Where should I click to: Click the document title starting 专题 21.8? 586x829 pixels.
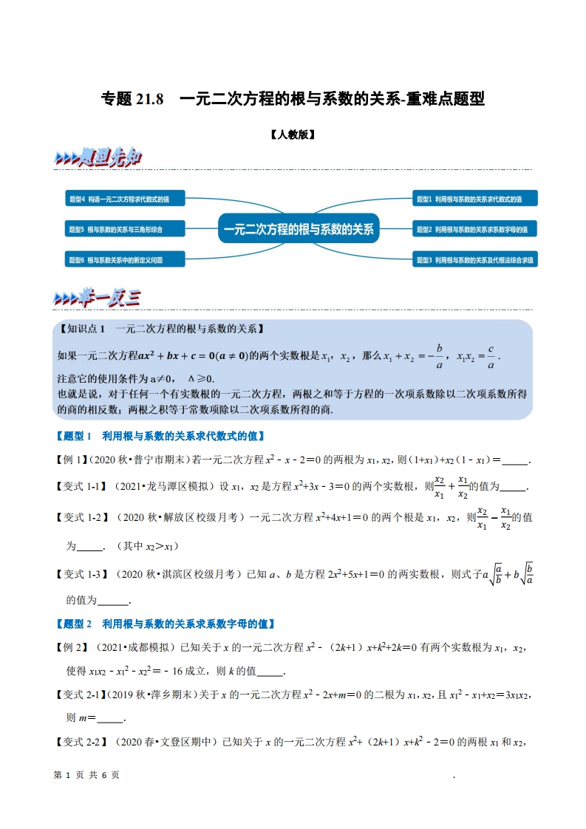tap(293, 98)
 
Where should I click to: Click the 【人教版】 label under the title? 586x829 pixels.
tap(293, 135)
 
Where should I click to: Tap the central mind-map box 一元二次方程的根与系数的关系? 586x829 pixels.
tap(299, 229)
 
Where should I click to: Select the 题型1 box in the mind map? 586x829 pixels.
tap(474, 199)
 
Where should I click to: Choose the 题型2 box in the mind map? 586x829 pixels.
tap(474, 230)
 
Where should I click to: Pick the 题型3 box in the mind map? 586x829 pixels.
tap(474, 260)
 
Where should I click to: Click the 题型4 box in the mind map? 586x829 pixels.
tap(124, 199)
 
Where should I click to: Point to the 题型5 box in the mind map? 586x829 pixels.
tap(124, 230)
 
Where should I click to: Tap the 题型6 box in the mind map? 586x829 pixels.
tap(124, 260)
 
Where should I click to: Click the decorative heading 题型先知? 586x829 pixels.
tap(98, 159)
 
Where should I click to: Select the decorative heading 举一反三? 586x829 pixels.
tap(98, 298)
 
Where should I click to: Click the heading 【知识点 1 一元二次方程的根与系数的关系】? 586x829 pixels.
tap(162, 330)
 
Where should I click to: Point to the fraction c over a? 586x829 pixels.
tap(491, 355)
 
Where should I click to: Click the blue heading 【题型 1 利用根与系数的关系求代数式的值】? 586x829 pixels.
tap(160, 436)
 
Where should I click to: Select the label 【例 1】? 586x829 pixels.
tap(72, 460)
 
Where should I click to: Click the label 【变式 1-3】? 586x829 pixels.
tap(83, 573)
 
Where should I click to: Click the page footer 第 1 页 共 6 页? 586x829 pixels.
tap(87, 775)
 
